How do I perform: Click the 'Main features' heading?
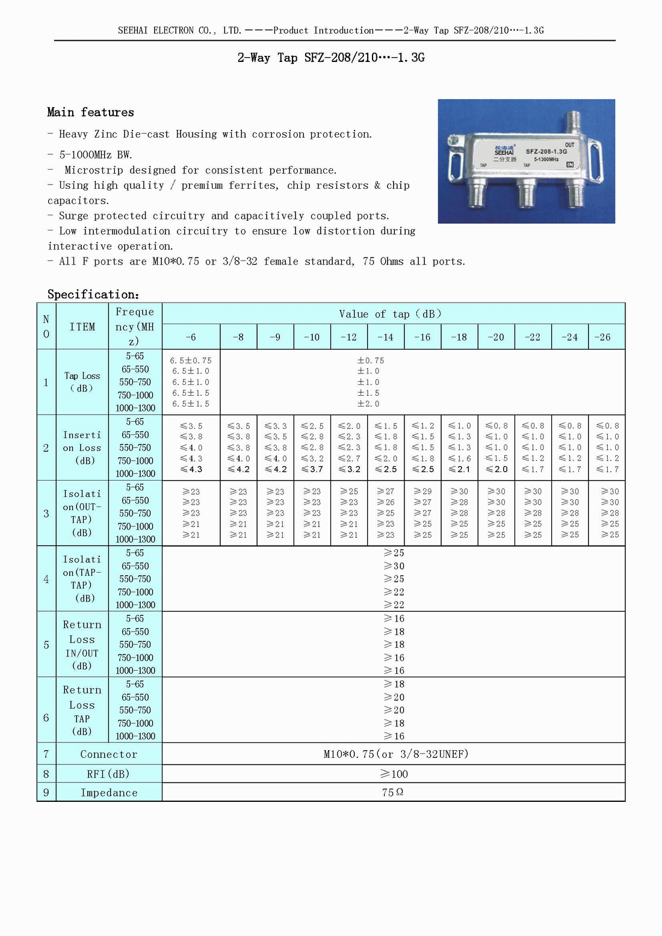pos(90,112)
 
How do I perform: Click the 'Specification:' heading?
pos(93,294)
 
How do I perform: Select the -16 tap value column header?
pos(422,337)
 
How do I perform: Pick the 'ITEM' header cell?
pos(82,327)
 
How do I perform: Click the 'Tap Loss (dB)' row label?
pos(82,382)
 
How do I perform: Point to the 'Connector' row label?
pos(109,754)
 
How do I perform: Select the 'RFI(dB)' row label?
pos(109,774)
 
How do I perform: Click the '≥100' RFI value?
pos(394,774)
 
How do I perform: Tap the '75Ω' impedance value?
pos(392,792)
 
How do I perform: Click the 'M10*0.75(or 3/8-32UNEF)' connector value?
pos(396,754)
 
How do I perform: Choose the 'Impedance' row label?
pos(109,793)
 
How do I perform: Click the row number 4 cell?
pos(46,579)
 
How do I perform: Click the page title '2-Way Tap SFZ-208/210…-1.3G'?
pos(331,58)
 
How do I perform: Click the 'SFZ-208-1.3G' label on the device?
pos(546,152)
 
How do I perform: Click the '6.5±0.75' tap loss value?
pos(191,360)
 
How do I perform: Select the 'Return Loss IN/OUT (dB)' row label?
pos(82,645)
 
